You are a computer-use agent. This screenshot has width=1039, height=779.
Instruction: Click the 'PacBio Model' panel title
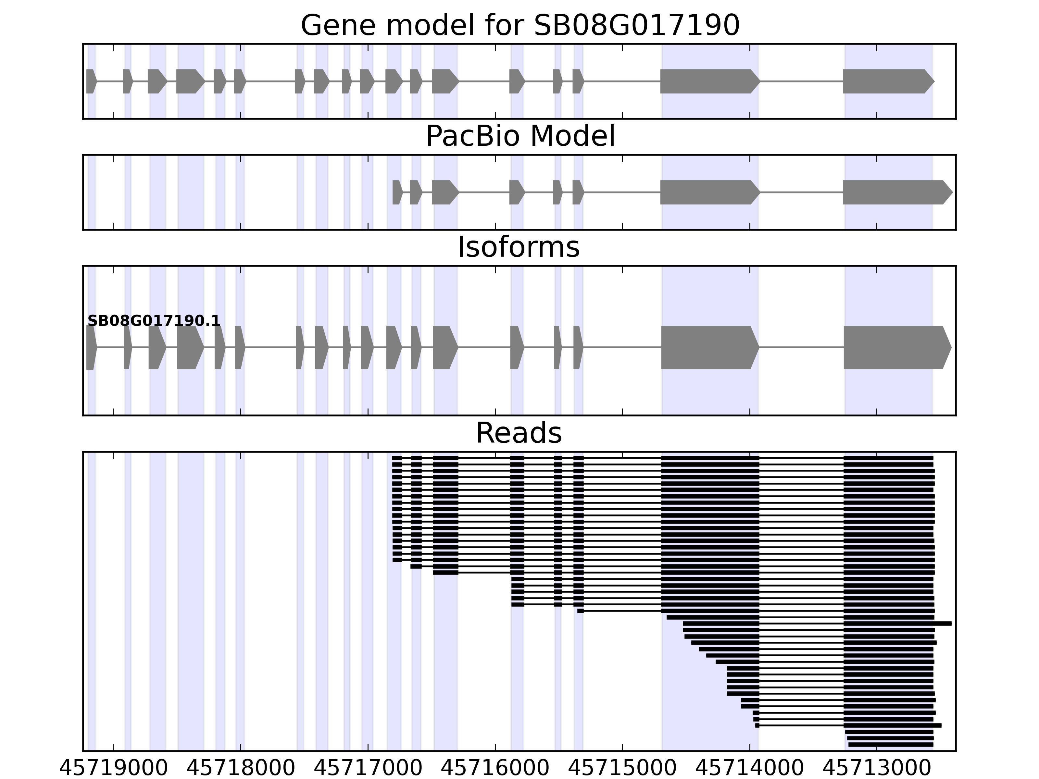(520, 137)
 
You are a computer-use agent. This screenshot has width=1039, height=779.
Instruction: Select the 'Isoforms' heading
(519, 247)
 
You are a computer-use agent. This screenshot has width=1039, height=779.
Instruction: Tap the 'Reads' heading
(519, 433)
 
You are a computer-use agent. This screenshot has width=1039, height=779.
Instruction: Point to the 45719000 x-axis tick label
(113, 769)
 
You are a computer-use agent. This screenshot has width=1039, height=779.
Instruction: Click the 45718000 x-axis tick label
(241, 769)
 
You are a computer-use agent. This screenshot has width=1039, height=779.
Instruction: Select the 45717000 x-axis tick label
(368, 769)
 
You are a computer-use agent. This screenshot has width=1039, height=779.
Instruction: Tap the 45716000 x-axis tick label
(495, 769)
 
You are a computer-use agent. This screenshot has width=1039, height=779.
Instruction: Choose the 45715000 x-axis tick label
(622, 769)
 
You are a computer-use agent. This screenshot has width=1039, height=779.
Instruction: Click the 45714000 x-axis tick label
(750, 769)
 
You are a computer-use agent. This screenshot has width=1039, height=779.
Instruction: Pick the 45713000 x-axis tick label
(877, 769)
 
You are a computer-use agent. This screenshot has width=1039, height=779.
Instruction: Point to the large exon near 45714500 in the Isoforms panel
(709, 348)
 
